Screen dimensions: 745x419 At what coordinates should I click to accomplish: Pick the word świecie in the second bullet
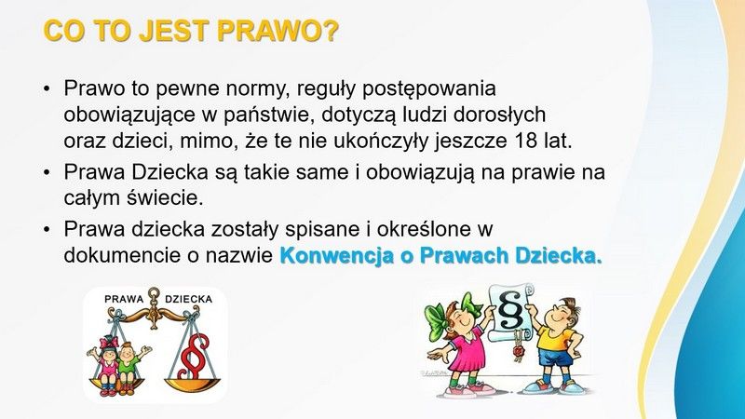(165, 197)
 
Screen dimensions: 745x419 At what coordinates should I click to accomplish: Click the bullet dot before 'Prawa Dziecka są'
(46, 172)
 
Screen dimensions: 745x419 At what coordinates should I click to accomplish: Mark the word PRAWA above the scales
(124, 299)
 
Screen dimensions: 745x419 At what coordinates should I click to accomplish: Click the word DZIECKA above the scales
(189, 299)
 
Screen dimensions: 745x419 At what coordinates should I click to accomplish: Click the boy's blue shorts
(553, 358)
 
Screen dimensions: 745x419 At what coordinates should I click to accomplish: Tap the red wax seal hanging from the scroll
(518, 352)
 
